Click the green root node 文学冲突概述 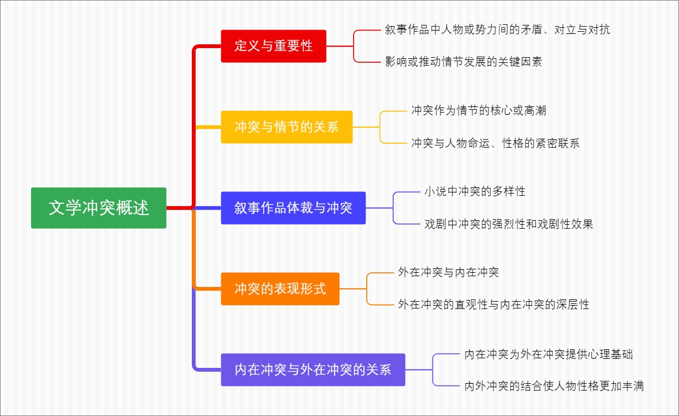pos(98,208)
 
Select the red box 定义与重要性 pos(273,46)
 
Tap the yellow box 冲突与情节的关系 pos(286,127)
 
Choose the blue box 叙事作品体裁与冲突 pos(293,208)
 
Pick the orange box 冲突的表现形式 pos(280,289)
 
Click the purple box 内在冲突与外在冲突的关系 pos(313,370)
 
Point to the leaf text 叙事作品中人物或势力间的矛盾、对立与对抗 pos(497,30)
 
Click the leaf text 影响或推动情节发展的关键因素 pos(463,62)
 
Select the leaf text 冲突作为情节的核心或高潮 pos(479,111)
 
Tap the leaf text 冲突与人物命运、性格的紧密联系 pos(495,143)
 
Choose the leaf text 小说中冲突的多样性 pos(475,192)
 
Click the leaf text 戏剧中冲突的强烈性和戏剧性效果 pos(509,224)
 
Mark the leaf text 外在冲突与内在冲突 pos(448,272)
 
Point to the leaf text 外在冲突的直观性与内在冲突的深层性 pos(493,305)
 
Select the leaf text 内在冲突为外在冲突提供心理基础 pos(548,354)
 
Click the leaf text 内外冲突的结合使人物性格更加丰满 pos(554,386)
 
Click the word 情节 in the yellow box pos(287,127)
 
